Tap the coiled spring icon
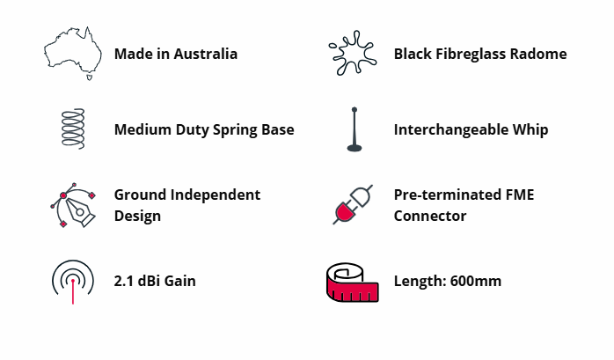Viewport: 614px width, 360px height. tap(73, 129)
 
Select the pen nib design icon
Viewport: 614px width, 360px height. tap(73, 205)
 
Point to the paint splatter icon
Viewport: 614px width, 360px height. tap(353, 53)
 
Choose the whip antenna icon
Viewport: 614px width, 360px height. tap(355, 129)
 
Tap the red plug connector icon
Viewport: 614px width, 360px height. tap(353, 204)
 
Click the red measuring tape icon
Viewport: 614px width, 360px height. tap(353, 283)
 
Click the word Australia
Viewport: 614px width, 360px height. tap(206, 54)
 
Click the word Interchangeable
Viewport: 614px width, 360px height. tap(446, 129)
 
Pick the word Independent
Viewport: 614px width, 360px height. tap(216, 195)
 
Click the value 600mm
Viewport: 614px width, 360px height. tap(476, 281)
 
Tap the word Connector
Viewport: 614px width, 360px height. tap(430, 216)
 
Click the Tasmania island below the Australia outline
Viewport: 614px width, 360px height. tap(89, 77)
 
